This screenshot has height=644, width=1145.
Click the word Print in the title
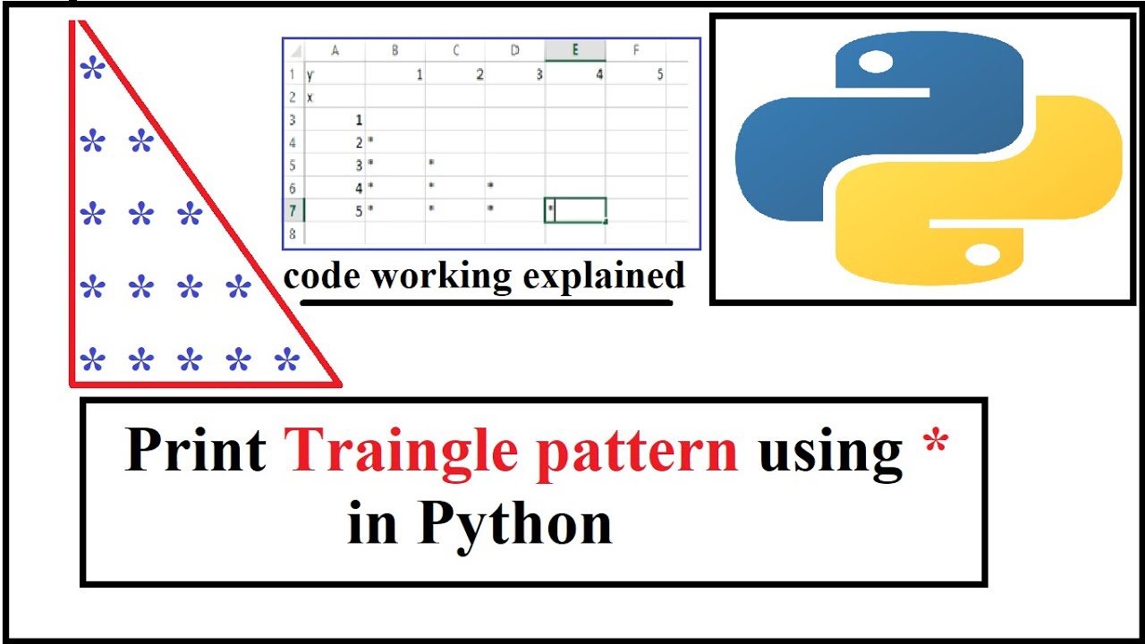click(x=195, y=450)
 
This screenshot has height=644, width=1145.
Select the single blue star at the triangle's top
click(x=92, y=69)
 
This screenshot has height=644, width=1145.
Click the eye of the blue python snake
click(x=876, y=63)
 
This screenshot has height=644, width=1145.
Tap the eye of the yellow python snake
click(x=982, y=256)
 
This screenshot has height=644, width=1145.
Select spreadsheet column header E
click(x=575, y=50)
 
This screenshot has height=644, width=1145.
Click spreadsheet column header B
click(x=394, y=50)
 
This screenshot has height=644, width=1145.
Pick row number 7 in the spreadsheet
click(x=293, y=210)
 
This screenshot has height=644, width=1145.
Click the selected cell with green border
click(x=575, y=210)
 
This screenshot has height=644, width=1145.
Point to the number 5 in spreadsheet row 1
click(x=659, y=74)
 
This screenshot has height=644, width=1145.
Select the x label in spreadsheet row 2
click(x=310, y=97)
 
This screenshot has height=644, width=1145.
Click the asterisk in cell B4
click(x=370, y=142)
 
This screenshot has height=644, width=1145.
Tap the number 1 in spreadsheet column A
click(x=359, y=119)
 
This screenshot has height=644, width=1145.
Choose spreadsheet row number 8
click(x=293, y=233)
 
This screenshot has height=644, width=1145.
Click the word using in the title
click(x=830, y=452)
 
